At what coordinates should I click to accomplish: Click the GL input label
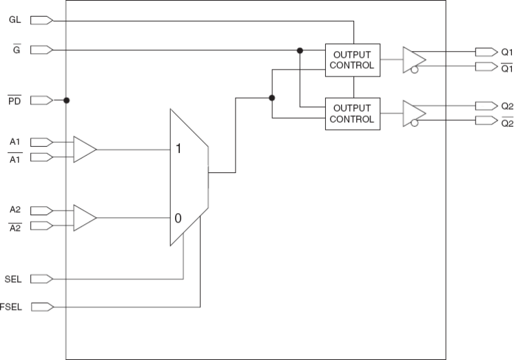(x=14, y=20)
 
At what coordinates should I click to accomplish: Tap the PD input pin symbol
(x=41, y=100)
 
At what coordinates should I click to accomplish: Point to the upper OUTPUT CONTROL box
(x=353, y=60)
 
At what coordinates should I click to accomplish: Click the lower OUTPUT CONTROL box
(x=353, y=113)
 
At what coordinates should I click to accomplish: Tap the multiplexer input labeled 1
(x=178, y=149)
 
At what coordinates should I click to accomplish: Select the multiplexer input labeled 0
(x=178, y=218)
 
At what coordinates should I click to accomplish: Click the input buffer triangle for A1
(x=84, y=149)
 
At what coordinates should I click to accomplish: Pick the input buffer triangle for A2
(x=84, y=218)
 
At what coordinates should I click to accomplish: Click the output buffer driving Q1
(x=413, y=59)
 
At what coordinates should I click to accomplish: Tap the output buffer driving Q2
(x=413, y=113)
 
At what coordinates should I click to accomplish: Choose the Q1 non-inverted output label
(x=506, y=52)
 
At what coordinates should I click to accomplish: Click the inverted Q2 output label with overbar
(x=506, y=123)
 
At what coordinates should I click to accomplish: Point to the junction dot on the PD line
(x=66, y=100)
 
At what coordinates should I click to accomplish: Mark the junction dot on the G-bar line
(x=300, y=50)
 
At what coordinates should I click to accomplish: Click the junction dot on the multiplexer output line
(x=272, y=98)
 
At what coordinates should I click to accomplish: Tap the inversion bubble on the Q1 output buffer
(x=414, y=69)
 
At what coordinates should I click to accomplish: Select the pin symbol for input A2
(x=41, y=210)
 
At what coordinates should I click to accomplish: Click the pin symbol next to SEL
(x=41, y=279)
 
